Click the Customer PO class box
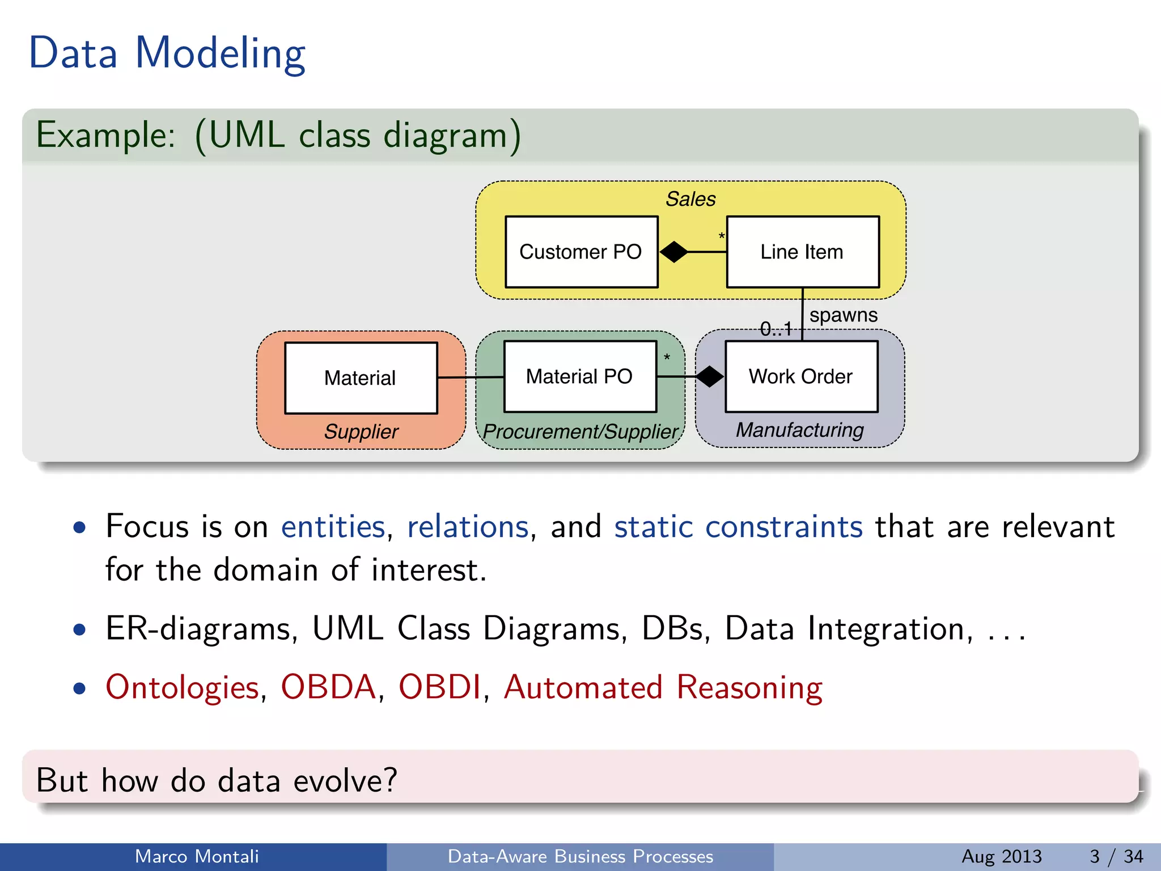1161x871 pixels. [581, 252]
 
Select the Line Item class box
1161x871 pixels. [802, 252]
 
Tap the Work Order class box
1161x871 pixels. [801, 377]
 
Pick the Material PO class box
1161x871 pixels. [579, 377]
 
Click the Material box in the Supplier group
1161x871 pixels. [361, 378]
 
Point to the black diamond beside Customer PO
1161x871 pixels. [673, 252]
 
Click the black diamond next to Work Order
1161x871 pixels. [709, 377]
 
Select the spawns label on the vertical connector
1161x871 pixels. [843, 315]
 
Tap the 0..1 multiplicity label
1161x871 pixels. [776, 328]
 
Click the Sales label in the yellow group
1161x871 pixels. [690, 199]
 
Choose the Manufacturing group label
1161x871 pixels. [799, 430]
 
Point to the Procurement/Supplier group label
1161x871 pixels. [580, 432]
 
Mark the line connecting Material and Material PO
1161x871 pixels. [471, 377]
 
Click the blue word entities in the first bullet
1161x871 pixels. [333, 527]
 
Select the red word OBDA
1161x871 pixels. [328, 687]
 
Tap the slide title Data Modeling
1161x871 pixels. [167, 53]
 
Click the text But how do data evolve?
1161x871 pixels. [217, 780]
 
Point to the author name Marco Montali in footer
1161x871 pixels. [197, 856]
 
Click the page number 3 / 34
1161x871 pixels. [1116, 856]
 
